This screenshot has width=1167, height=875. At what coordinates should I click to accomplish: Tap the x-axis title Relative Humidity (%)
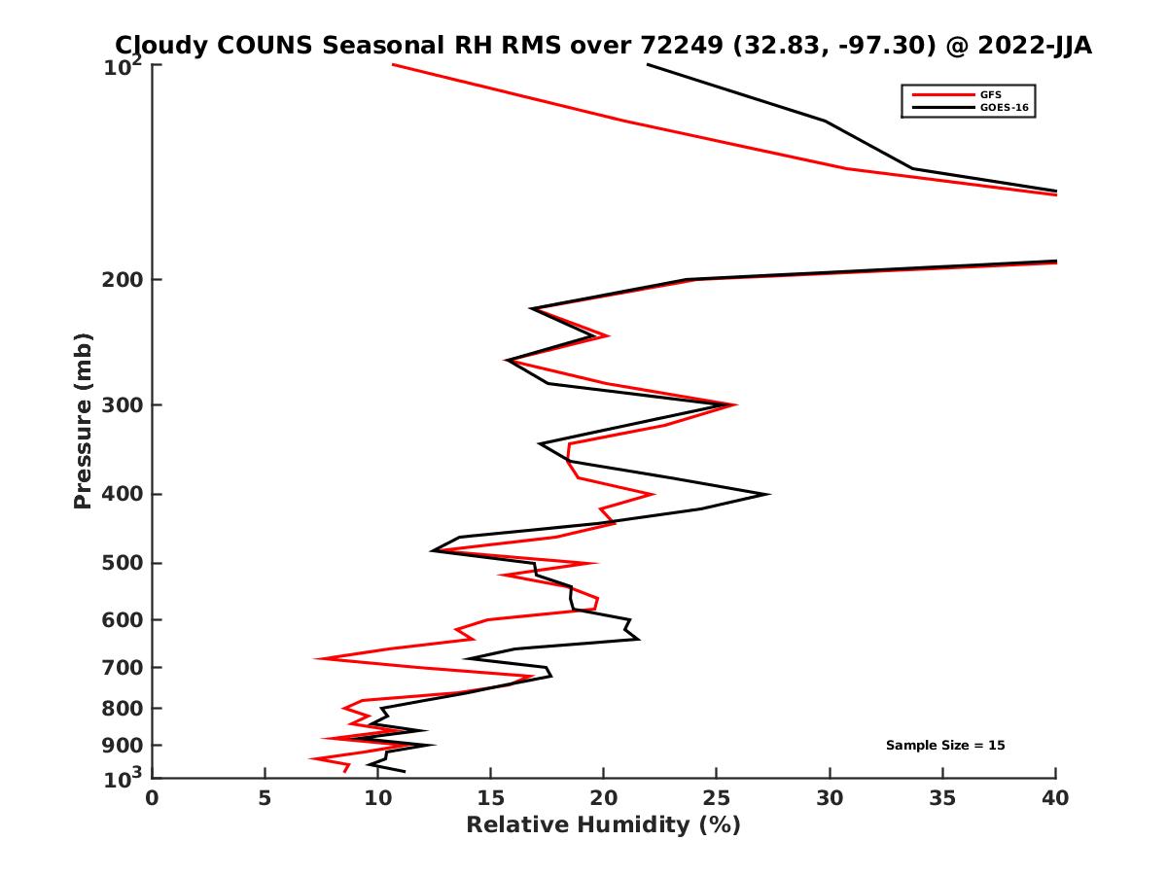(603, 825)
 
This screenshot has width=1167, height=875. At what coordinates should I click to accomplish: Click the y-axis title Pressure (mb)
(83, 420)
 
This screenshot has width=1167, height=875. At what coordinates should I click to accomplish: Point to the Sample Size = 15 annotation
(944, 746)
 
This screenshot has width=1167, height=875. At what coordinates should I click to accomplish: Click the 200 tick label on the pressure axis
(121, 280)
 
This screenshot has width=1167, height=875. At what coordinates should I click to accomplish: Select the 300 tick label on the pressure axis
(121, 404)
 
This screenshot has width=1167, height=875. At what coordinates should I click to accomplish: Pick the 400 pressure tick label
(121, 494)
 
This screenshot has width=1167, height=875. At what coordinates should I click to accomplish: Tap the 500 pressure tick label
(121, 563)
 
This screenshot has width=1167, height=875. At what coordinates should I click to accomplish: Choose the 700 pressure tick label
(121, 667)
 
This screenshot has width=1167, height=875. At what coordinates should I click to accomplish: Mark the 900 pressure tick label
(121, 746)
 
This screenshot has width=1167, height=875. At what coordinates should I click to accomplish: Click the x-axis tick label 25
(717, 798)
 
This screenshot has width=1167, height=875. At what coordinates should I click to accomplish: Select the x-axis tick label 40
(1055, 798)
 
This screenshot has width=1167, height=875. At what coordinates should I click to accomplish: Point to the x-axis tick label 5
(265, 798)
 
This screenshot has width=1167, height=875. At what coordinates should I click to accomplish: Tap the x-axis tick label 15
(490, 798)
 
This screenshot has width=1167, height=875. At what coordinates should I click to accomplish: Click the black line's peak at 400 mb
(768, 494)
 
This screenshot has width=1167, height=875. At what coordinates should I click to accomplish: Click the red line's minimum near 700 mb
(316, 659)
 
